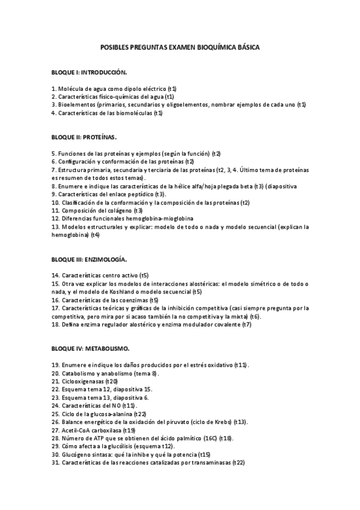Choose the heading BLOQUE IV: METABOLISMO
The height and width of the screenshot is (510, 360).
point(91,348)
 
